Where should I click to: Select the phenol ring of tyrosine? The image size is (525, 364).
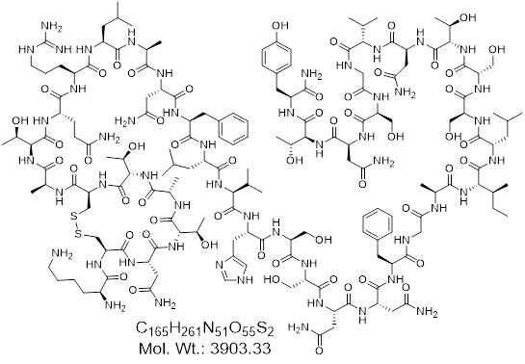276,55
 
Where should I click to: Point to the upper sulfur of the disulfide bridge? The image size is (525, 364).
74,218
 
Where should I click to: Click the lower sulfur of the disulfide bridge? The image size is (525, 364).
78,235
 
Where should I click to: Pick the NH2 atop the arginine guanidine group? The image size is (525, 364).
52,27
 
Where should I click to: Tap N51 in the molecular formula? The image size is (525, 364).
214,328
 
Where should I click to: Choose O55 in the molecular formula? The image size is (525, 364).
241,328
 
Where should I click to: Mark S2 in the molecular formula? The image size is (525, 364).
265,328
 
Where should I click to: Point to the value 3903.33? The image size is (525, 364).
241,349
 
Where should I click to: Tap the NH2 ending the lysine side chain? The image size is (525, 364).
62,255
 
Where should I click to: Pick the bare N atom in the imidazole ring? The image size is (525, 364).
220,265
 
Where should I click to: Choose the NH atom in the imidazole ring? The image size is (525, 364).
245,280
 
